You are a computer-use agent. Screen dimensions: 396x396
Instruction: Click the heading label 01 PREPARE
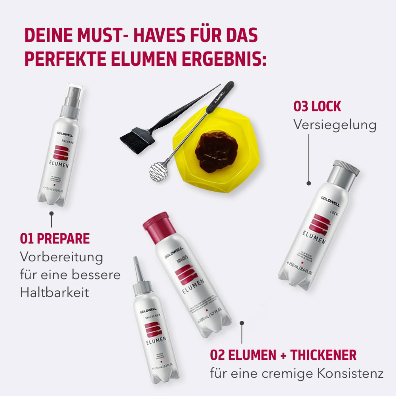(x=55, y=239)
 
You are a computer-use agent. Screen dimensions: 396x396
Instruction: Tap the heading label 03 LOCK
(x=317, y=107)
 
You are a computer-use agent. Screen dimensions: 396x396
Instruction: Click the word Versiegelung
(x=335, y=125)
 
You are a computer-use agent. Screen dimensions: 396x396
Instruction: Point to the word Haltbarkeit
(x=54, y=293)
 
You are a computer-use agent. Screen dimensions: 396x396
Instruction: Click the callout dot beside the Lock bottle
(x=309, y=184)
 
